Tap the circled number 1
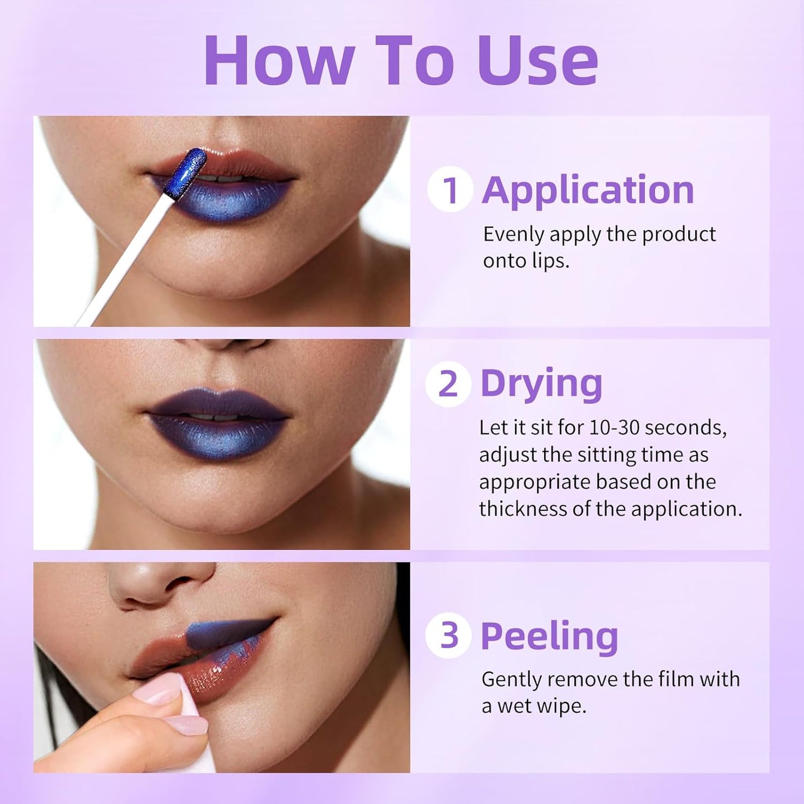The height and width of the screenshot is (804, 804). (x=450, y=190)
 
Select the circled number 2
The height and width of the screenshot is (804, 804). (x=448, y=384)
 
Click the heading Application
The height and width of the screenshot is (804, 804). (x=588, y=191)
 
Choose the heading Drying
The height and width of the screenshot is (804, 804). (x=541, y=384)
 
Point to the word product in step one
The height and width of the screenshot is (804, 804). (x=679, y=234)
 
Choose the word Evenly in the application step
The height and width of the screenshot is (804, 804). (x=513, y=234)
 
